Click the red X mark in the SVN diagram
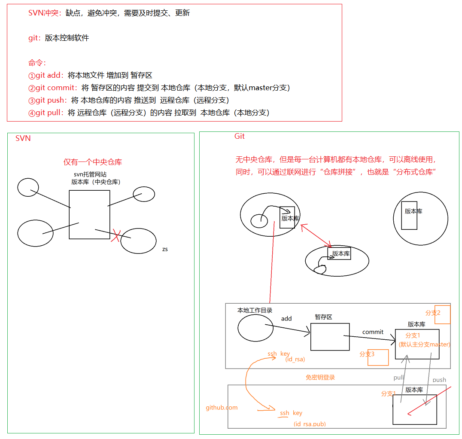click(115, 235)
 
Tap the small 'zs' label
click(165, 249)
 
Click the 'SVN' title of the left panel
click(23, 138)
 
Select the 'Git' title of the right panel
click(240, 136)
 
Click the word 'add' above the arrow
click(286, 319)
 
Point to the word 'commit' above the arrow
click(373, 332)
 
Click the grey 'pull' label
click(399, 378)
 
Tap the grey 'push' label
click(439, 380)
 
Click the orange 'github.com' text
click(222, 407)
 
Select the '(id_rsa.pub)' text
click(310, 424)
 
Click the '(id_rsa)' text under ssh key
click(295, 359)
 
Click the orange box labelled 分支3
click(378, 357)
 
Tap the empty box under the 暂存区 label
click(327, 337)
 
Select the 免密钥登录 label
click(320, 377)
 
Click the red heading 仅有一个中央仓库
click(93, 162)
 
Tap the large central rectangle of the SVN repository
click(89, 214)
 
